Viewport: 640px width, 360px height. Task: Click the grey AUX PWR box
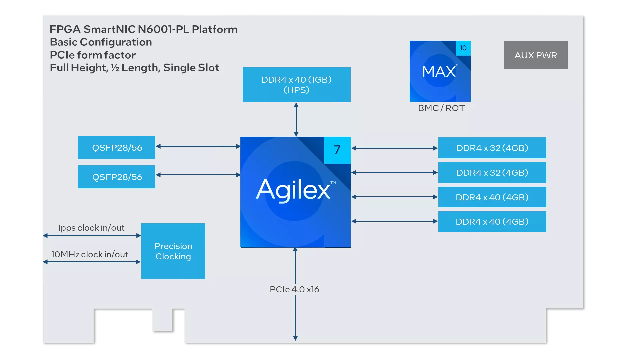tap(536, 55)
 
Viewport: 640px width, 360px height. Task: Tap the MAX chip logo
tap(440, 71)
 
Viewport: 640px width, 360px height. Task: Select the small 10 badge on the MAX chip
tap(463, 48)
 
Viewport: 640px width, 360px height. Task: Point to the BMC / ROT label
tap(441, 108)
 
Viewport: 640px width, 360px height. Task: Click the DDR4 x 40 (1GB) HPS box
tap(297, 85)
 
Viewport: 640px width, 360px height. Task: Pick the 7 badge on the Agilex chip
tap(337, 150)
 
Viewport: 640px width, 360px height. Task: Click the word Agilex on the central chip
tap(293, 190)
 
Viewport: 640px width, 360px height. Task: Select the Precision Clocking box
tap(173, 251)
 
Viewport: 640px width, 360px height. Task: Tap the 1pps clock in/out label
tap(91, 228)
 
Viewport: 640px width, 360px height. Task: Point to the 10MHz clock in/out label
tap(90, 255)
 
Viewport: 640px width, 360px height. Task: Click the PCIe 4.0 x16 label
tap(294, 289)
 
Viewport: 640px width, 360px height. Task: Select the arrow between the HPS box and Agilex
tap(296, 119)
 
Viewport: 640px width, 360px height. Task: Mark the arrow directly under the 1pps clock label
tap(92, 236)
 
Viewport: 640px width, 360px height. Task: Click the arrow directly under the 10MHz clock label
tap(92, 262)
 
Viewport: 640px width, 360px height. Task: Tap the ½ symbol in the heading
tap(115, 68)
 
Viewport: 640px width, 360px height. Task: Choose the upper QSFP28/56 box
tap(117, 147)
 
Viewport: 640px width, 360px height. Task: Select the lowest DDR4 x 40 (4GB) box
tap(492, 222)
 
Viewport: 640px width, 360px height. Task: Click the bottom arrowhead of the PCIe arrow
tap(295, 338)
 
